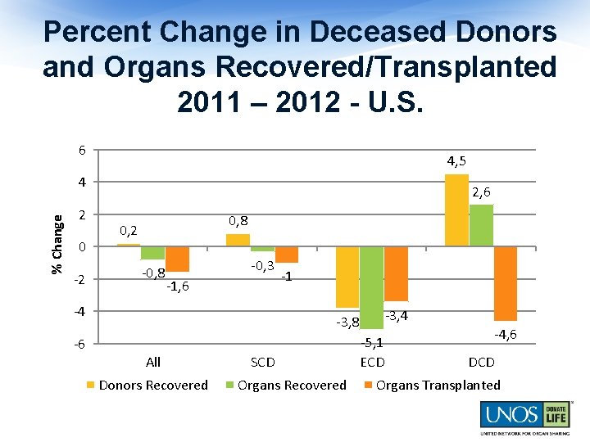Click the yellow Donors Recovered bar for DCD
[456, 210]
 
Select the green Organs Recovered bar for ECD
[371, 287]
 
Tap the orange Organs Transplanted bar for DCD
[506, 283]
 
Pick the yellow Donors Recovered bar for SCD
[238, 240]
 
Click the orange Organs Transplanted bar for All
[177, 259]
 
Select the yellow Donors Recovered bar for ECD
[347, 277]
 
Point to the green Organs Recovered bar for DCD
[481, 225]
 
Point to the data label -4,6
[505, 333]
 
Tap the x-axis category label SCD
[262, 362]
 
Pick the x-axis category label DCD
[481, 362]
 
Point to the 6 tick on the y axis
[81, 151]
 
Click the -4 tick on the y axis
[79, 311]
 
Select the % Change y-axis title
[57, 245]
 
